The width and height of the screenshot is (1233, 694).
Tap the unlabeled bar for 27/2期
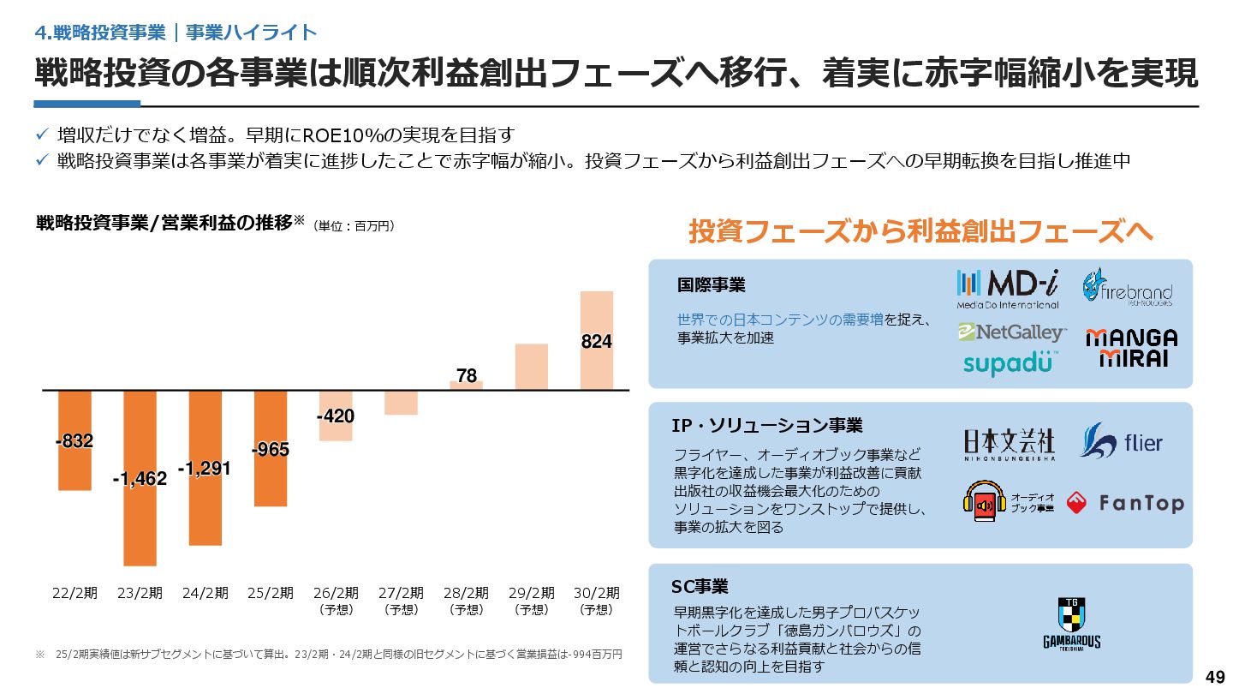(401, 403)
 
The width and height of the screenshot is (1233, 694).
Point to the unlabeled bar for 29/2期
(532, 367)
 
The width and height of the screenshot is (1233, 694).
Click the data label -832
(74, 441)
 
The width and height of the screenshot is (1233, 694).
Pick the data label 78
(467, 375)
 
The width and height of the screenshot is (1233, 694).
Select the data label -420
(336, 416)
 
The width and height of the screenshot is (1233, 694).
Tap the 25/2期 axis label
(271, 593)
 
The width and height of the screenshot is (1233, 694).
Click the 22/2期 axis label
(74, 593)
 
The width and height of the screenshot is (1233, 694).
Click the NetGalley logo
(1012, 332)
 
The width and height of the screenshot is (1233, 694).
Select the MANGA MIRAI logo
(1131, 348)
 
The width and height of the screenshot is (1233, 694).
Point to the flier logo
(1122, 442)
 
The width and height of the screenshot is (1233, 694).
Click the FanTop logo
(1125, 504)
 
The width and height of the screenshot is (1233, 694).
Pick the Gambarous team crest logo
(1071, 624)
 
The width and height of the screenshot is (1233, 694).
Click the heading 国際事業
(711, 284)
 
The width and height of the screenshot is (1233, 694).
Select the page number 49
(1215, 674)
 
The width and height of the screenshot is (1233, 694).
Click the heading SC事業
(700, 587)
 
